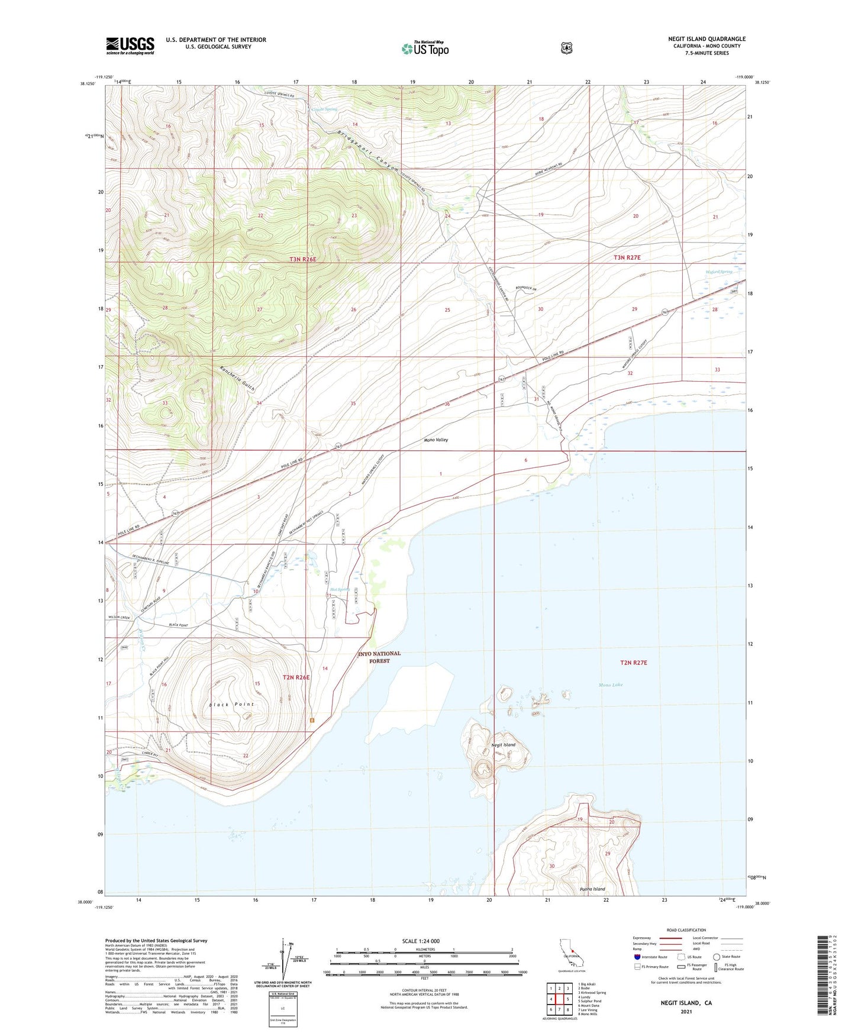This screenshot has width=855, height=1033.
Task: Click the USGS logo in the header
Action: pos(130,46)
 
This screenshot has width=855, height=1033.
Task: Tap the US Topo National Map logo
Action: pos(425,48)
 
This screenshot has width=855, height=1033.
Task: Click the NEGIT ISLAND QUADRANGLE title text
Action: pos(706,39)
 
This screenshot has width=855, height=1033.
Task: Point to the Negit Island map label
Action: pos(503,745)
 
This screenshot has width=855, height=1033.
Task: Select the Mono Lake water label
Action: pos(611,685)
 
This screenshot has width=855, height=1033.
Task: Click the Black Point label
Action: pos(231,704)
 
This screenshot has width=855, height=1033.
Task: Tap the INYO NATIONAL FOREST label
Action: pos(379,657)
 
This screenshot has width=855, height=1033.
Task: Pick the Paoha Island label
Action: pos(592,889)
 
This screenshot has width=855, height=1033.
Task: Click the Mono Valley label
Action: pos(436,440)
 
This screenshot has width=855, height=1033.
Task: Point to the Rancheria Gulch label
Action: pos(237,379)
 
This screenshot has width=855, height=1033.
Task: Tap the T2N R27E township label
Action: pos(634,663)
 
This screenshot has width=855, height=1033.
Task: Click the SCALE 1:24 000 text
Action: pos(421,941)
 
